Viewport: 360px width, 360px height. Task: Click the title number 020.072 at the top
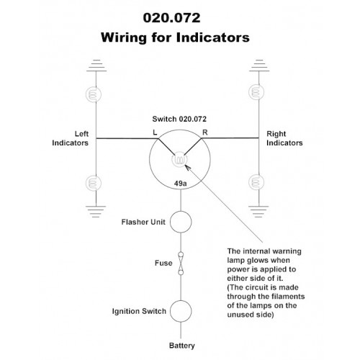pos(171,18)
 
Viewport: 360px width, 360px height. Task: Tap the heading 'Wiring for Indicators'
pos(175,37)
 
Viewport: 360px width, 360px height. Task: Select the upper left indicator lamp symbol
pos(94,94)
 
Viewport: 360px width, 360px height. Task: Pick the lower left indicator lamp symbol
pos(94,183)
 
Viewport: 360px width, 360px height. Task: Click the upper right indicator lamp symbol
pos(256,92)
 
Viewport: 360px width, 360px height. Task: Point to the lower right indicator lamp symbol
pos(256,182)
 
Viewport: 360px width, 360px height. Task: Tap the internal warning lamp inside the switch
pos(179,159)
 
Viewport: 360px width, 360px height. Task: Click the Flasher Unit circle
pos(181,222)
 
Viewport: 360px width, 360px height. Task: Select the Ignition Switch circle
pos(181,311)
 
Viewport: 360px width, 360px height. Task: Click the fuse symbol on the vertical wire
pos(181,264)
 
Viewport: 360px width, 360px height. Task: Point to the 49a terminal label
pos(180,184)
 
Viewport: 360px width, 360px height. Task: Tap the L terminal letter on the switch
pos(155,132)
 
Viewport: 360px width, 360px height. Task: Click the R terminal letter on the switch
pos(205,132)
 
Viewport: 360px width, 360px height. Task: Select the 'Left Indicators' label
pos(70,138)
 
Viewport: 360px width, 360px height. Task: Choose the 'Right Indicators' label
pos(284,138)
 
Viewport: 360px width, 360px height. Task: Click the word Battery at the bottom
pos(182,346)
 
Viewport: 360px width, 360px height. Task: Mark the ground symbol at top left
pos(96,66)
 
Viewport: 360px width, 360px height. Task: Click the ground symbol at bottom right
pos(258,212)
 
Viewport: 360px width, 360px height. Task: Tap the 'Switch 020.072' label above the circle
pos(179,119)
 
